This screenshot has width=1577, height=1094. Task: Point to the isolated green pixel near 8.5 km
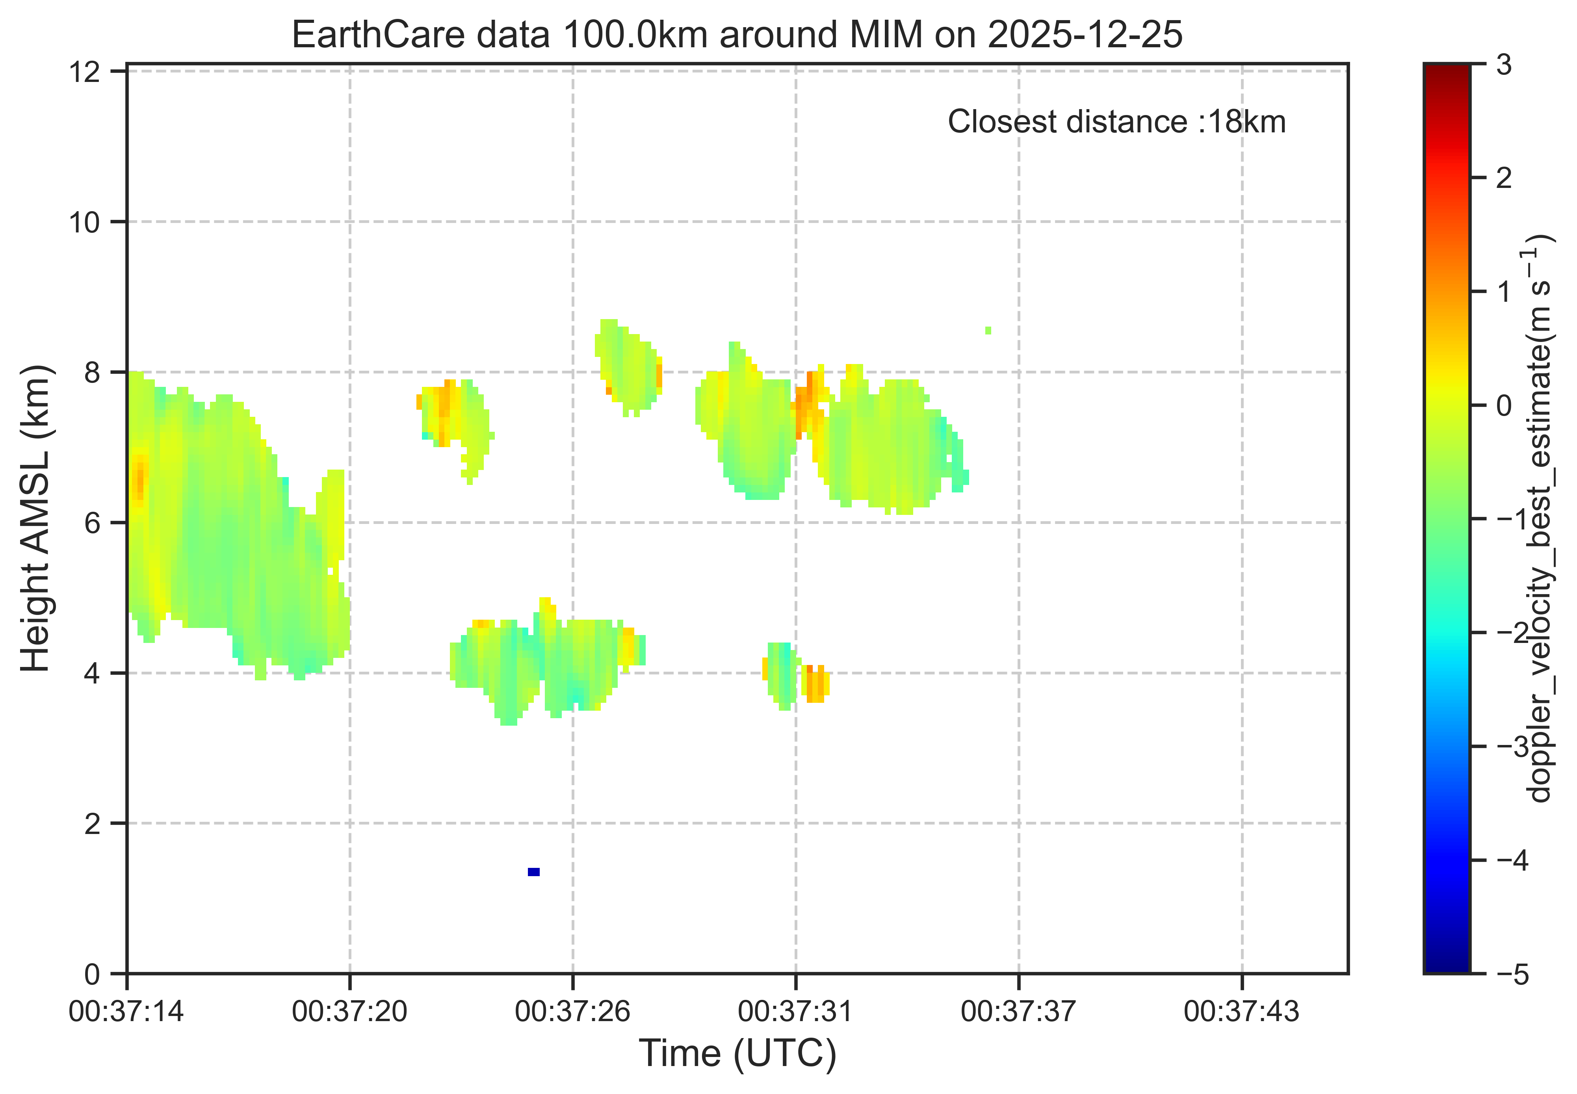[x=988, y=331]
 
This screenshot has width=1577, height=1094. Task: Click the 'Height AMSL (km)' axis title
[x=35, y=519]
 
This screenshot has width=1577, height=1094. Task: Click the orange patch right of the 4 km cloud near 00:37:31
[x=815, y=684]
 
